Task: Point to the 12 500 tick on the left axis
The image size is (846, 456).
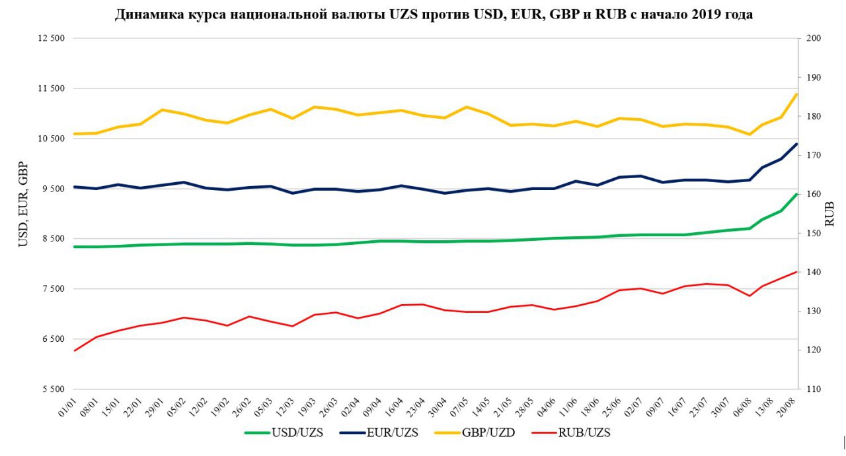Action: pyautogui.click(x=51, y=38)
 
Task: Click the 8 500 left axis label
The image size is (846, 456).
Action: pyautogui.click(x=51, y=239)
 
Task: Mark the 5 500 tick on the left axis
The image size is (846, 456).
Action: pyautogui.click(x=51, y=389)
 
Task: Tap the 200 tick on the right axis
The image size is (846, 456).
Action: pyautogui.click(x=814, y=38)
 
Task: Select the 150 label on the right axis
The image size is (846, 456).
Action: pyautogui.click(x=814, y=234)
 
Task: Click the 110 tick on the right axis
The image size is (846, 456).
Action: pyautogui.click(x=814, y=389)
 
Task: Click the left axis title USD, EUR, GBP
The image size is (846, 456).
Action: pyautogui.click(x=23, y=204)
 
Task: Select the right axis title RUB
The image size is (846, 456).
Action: pyautogui.click(x=830, y=214)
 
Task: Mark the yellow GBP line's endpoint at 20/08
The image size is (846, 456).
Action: pyautogui.click(x=797, y=94)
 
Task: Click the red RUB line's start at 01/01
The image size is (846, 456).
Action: pyautogui.click(x=75, y=350)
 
